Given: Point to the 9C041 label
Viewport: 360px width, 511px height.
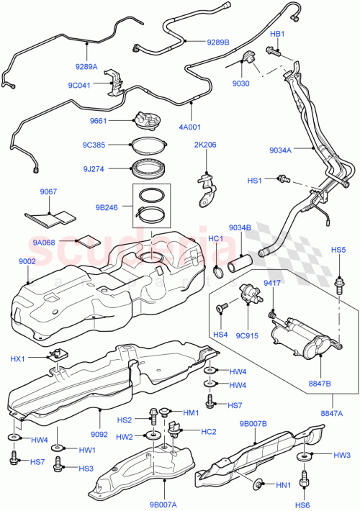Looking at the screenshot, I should click(80, 85).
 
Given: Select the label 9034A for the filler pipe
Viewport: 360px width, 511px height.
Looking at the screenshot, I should click(282, 150).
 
